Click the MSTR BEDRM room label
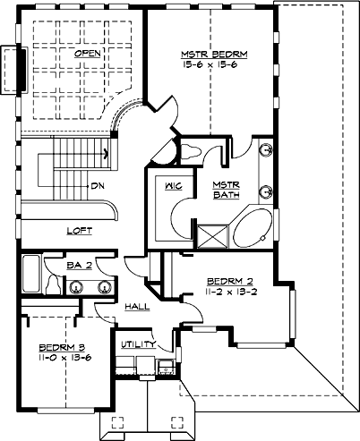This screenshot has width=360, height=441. [212, 55]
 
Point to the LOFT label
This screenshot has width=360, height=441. [80, 230]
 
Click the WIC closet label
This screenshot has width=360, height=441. [174, 187]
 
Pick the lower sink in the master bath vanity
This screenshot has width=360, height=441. [267, 190]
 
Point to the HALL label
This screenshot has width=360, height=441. [136, 306]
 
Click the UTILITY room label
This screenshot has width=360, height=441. [139, 343]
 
